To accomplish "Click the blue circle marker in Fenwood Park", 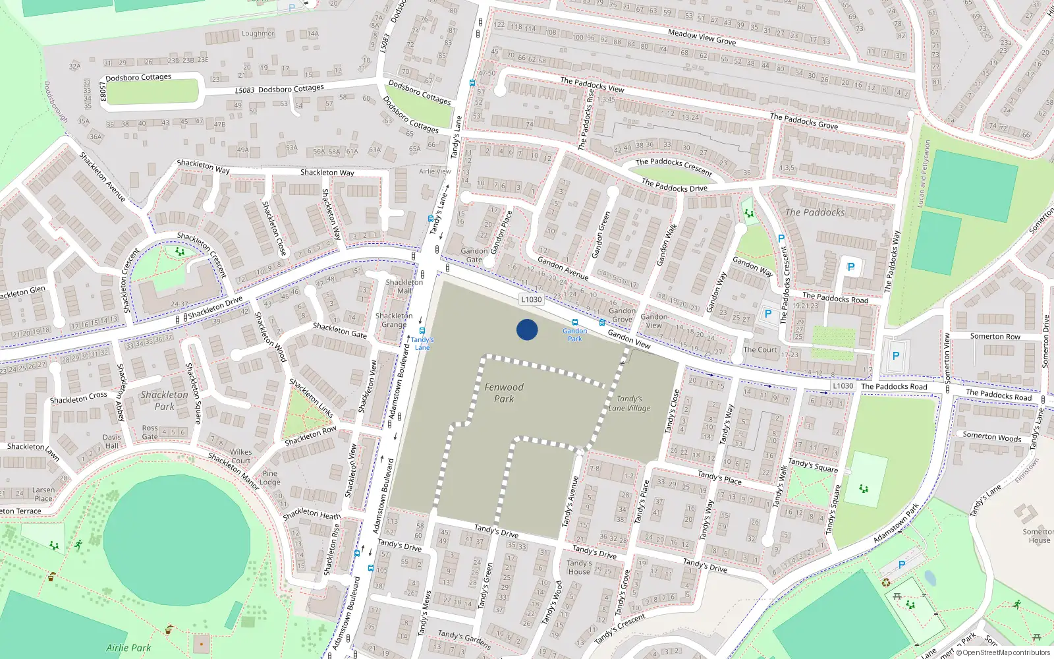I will point(527,329).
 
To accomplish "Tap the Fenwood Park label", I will point(504,393).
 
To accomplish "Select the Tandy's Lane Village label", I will point(629,403).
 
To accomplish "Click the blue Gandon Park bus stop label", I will point(575,335).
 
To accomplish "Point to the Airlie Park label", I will point(128,648).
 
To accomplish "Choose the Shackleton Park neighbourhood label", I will point(164,400).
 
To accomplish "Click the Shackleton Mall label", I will point(404,286).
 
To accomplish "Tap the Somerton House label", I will point(1039,536).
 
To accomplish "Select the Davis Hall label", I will point(112,442).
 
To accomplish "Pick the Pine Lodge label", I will point(270,477).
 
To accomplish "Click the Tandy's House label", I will point(579,567).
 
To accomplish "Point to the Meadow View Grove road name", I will point(702,37).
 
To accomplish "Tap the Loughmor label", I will point(258,34).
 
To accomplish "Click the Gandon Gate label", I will point(474,255).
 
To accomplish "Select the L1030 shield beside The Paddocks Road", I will point(843,386).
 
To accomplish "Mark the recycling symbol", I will point(886,582).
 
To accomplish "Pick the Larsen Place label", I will point(43,494).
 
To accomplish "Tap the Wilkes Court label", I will point(240,456).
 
